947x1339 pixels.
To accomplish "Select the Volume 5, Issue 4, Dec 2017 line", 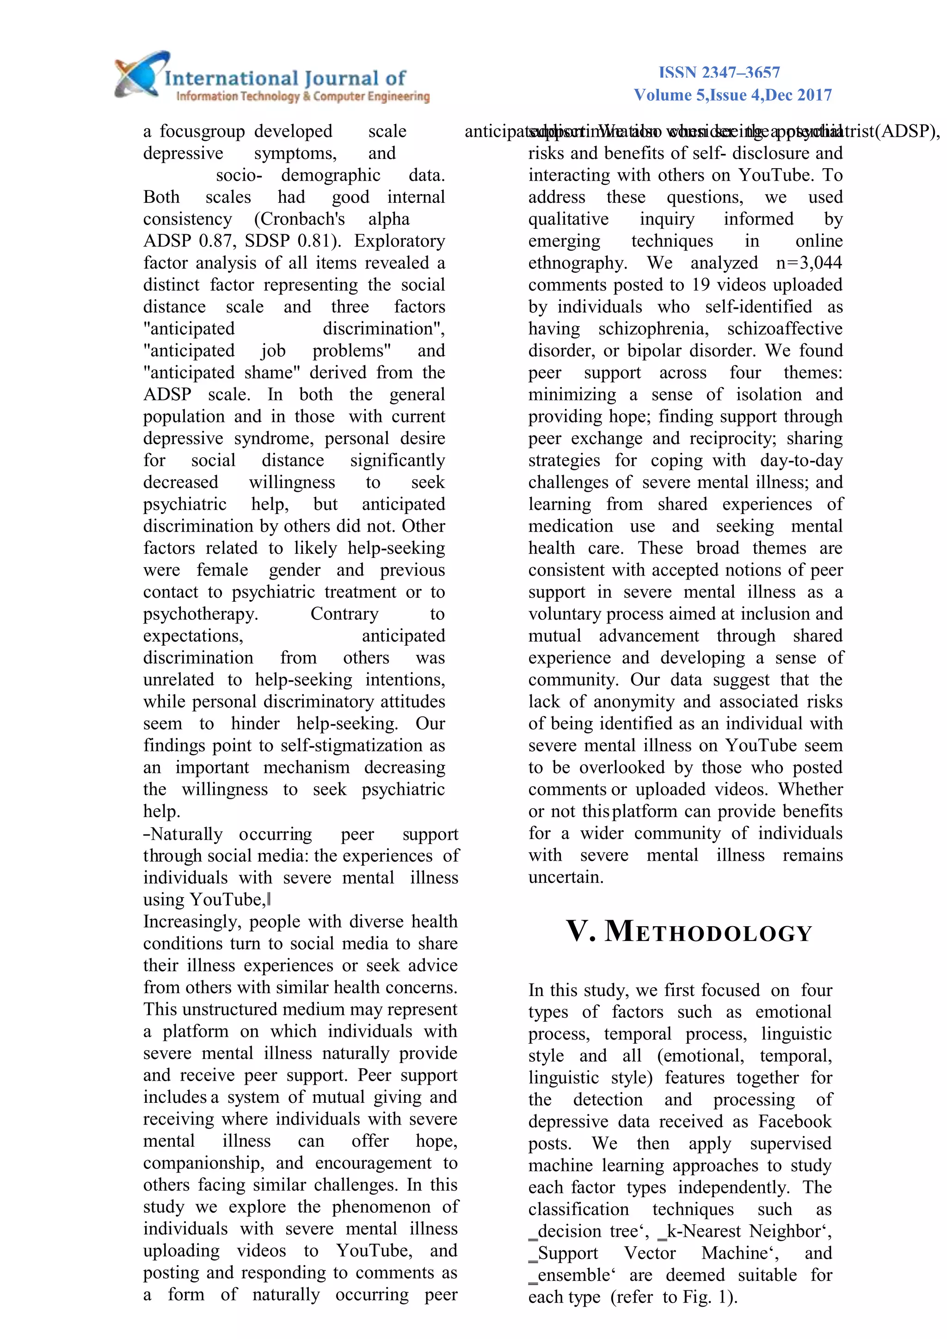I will point(732,95).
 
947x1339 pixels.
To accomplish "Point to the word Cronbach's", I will point(299,219).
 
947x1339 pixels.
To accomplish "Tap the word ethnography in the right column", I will point(577,263).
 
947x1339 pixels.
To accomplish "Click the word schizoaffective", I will point(785,329).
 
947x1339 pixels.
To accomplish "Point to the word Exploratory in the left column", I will point(399,241).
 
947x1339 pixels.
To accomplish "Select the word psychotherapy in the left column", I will point(200,614).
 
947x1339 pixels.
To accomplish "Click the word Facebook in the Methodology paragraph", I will point(795,1121).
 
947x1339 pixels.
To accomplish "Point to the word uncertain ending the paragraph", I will point(566,877).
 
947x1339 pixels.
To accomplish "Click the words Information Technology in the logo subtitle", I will point(238,96).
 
